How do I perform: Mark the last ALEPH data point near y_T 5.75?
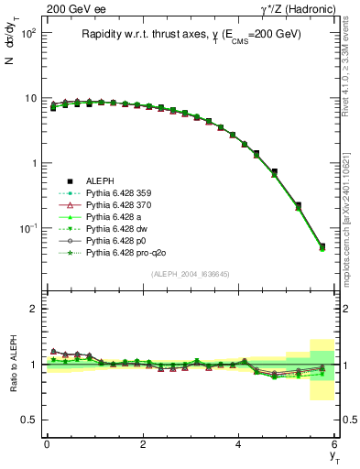click(x=322, y=246)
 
